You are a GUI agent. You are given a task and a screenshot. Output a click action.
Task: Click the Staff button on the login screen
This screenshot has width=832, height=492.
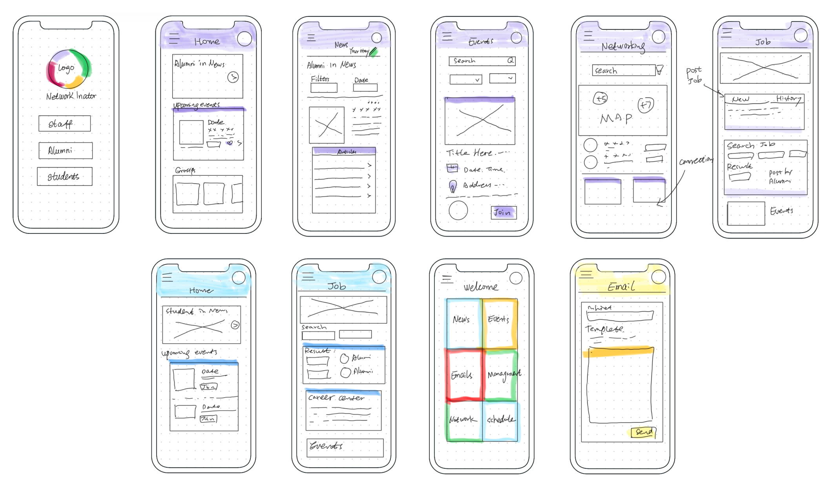(64, 124)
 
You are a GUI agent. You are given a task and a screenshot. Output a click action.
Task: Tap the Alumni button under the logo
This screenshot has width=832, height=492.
(65, 150)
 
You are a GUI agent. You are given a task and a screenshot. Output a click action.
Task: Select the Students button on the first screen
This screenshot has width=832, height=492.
(64, 176)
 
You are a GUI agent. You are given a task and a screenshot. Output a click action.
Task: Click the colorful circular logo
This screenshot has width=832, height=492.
(68, 69)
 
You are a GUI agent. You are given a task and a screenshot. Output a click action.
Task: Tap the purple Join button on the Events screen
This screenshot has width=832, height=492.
(504, 213)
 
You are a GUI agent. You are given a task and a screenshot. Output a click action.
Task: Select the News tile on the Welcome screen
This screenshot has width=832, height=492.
(463, 323)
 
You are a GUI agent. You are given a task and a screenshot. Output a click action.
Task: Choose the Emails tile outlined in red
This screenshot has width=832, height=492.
(463, 375)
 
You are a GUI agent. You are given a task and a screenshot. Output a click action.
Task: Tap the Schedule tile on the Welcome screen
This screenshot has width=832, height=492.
(500, 420)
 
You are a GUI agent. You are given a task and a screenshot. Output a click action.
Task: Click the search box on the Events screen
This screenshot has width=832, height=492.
(482, 61)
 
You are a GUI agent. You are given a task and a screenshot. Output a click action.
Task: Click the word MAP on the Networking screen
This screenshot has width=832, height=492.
(616, 118)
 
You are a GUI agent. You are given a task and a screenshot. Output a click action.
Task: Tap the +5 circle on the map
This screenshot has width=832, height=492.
(600, 98)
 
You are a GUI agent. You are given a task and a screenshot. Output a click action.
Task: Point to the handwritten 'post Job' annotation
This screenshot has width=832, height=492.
(694, 75)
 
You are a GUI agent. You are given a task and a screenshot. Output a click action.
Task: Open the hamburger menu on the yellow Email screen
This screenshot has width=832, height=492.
(586, 274)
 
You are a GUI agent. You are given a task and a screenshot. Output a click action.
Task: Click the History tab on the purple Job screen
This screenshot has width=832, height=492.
(788, 98)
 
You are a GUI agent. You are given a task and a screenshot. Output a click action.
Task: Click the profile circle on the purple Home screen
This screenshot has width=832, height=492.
(244, 39)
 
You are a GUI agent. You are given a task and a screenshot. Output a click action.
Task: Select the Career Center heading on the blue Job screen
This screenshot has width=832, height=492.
(336, 397)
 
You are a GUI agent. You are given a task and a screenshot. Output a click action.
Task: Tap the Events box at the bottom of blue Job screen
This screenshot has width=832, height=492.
(345, 447)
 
